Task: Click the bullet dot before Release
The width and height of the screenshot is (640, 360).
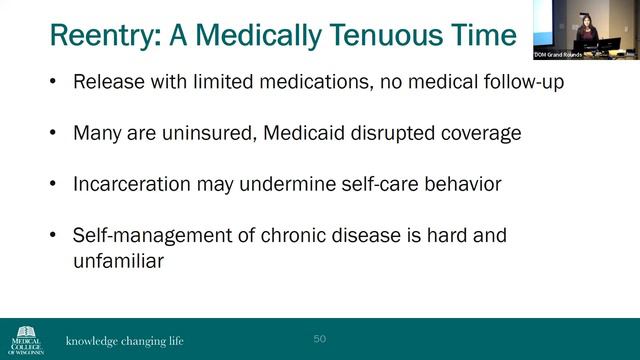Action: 52,82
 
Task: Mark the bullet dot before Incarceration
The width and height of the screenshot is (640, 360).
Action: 52,185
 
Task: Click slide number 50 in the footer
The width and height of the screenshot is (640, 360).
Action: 320,339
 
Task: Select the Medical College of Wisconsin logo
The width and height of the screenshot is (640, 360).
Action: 26,338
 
